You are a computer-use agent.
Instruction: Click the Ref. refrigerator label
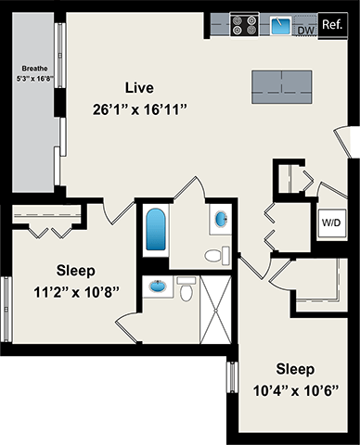[x=330, y=24]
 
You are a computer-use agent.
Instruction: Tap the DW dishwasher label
[x=305, y=31]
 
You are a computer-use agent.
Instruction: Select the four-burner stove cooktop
[x=245, y=24]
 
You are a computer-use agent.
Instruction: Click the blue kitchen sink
[x=279, y=25]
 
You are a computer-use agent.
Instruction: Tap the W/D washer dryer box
[x=330, y=222]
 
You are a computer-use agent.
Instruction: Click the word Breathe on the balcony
[x=36, y=69]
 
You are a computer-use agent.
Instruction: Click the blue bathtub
[x=153, y=231]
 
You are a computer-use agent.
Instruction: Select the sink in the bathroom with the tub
[x=222, y=220]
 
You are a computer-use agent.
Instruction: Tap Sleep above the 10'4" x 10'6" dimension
[x=294, y=368]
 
